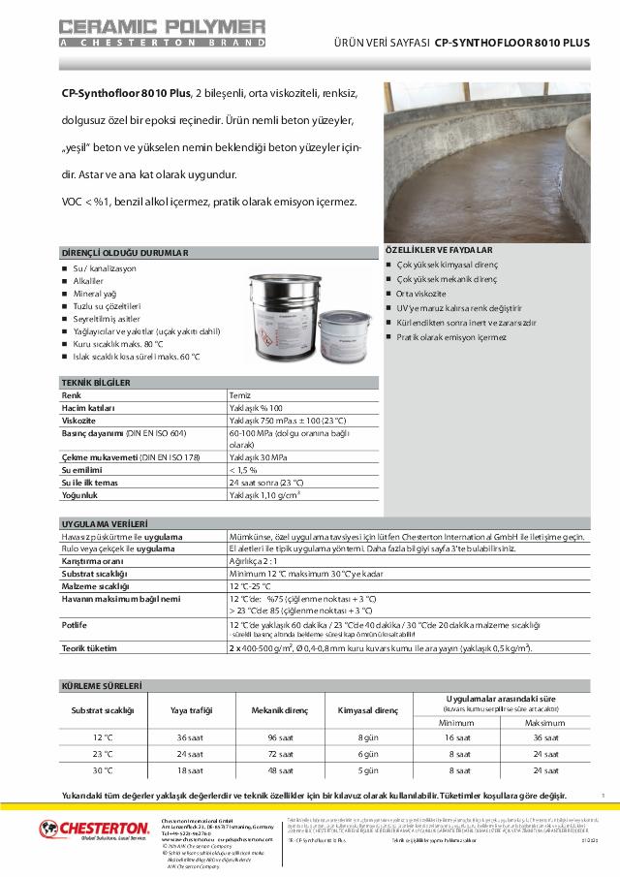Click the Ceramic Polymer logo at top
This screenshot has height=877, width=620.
click(x=162, y=31)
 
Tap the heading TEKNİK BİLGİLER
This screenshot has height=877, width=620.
click(x=96, y=383)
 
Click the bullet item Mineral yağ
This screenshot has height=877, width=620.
click(x=95, y=293)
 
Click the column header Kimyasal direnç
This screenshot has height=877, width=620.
click(x=367, y=710)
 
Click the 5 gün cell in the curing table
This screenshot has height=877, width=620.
click(x=367, y=770)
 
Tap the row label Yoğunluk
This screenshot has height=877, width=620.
click(x=81, y=495)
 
